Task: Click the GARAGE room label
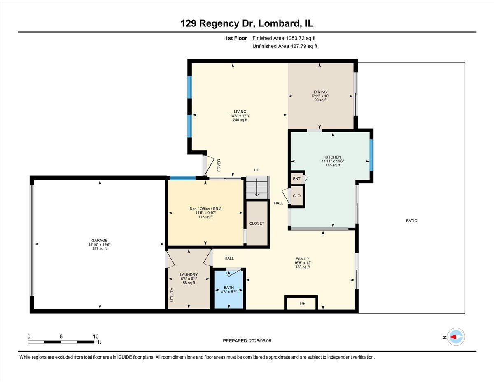99,240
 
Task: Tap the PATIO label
411,221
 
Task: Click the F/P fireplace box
302,303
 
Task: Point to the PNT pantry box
296,179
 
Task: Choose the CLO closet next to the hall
296,196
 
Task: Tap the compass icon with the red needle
456,337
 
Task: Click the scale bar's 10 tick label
96,336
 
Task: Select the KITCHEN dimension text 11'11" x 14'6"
333,161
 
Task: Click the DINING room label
320,92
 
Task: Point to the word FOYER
219,165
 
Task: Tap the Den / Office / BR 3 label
205,209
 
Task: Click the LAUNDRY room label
189,275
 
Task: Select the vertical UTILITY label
172,295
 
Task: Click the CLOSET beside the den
257,223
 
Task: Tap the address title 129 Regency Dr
218,24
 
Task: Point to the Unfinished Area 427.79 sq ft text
284,46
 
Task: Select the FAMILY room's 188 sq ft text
302,267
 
